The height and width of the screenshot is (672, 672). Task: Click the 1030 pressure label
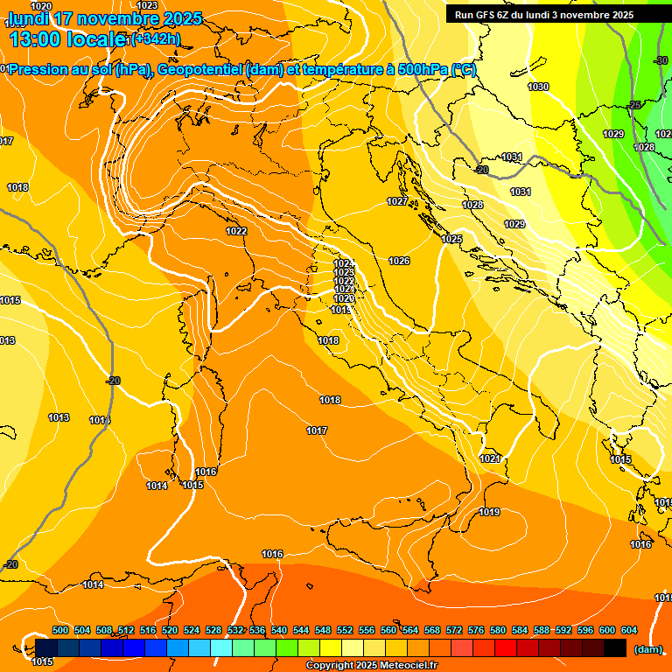click(x=538, y=87)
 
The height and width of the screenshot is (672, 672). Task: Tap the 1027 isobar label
click(x=397, y=201)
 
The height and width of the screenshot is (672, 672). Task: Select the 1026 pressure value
click(x=399, y=261)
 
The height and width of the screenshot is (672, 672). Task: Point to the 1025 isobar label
click(x=451, y=239)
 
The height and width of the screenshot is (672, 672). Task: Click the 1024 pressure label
click(x=344, y=263)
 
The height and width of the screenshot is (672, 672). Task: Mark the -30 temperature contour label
click(x=661, y=60)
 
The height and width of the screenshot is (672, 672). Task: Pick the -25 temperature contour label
click(x=634, y=105)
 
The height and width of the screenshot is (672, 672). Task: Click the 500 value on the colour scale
click(x=60, y=630)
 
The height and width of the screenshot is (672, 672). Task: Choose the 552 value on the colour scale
click(x=345, y=630)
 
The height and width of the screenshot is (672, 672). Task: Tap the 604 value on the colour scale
click(x=629, y=630)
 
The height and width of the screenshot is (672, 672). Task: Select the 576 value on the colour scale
click(x=476, y=630)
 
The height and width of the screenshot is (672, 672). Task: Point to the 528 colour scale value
click(x=213, y=630)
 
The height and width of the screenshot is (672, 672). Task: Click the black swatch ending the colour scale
click(x=615, y=647)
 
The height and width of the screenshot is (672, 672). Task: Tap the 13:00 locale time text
click(x=66, y=39)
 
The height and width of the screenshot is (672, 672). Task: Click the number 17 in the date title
click(x=65, y=18)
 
